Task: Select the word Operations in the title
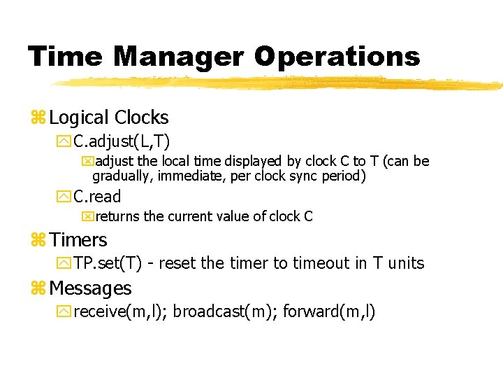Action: pos(337,57)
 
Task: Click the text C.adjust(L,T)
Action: pos(122,141)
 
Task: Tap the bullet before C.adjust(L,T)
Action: pos(64,142)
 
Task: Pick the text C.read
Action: pos(97,197)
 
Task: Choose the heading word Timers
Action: pos(78,240)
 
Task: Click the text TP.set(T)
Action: pos(108,263)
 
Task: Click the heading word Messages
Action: pos(90,288)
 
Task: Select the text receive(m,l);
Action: pos(119,311)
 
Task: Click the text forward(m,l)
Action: pos(329,311)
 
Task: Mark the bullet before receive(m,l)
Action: pos(64,312)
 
